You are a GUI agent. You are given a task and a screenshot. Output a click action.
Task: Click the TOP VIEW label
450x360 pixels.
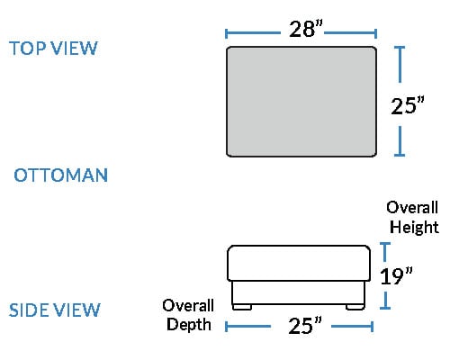click(53, 48)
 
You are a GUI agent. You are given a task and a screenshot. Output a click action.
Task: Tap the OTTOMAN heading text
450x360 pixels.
click(61, 175)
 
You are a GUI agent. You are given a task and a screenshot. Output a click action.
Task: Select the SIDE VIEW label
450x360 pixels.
click(55, 310)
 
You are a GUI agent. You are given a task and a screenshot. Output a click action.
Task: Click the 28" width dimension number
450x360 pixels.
click(306, 29)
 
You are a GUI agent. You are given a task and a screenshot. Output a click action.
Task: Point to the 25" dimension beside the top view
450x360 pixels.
click(408, 105)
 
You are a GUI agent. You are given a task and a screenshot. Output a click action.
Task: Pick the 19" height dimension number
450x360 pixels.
click(396, 275)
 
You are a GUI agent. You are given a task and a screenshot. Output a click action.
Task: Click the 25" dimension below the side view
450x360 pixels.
click(305, 325)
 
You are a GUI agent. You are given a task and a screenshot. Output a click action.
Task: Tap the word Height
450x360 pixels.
click(414, 227)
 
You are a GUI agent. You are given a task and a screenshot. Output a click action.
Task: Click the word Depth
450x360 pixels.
click(189, 325)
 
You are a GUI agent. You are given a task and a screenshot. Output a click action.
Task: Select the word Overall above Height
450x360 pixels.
click(412, 207)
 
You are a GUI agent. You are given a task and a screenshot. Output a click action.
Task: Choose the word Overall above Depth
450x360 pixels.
click(188, 305)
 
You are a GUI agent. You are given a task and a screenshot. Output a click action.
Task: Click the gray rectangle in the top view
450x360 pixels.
click(301, 102)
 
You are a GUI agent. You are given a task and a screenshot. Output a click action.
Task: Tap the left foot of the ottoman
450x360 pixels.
click(242, 307)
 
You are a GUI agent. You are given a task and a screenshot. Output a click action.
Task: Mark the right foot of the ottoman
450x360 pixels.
click(355, 307)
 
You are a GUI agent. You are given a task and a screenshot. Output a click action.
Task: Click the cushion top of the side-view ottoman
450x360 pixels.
click(299, 263)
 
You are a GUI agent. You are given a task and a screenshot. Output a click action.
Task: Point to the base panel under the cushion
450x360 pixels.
click(299, 292)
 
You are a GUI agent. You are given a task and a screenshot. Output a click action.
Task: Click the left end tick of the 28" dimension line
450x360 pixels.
click(226, 33)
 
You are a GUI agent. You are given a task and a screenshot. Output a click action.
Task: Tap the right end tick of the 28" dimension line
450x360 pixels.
click(375, 33)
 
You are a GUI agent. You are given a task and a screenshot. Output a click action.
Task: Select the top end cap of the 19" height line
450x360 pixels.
click(385, 244)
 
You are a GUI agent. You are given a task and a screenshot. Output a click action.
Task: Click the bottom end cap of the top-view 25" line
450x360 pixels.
click(400, 155)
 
